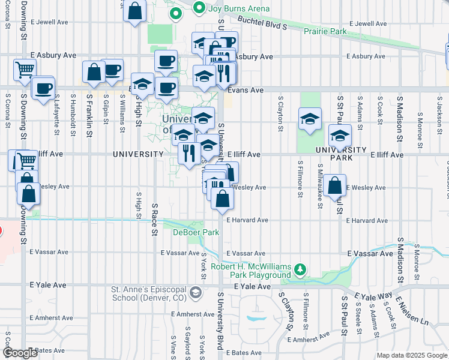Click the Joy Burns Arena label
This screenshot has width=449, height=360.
pyautogui.click(x=238, y=8)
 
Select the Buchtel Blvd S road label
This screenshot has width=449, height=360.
pyautogui.click(x=262, y=23)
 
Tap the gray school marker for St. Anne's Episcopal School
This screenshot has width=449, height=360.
pyautogui.click(x=194, y=292)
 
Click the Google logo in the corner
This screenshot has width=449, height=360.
pyautogui.click(x=21, y=353)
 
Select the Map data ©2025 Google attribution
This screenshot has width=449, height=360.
pyautogui.click(x=412, y=355)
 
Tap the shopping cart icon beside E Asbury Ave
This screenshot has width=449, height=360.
pyautogui.click(x=25, y=69)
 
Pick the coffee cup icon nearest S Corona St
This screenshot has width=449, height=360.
pyautogui.click(x=42, y=88)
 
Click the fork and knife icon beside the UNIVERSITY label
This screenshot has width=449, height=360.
pyautogui.click(x=188, y=152)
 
